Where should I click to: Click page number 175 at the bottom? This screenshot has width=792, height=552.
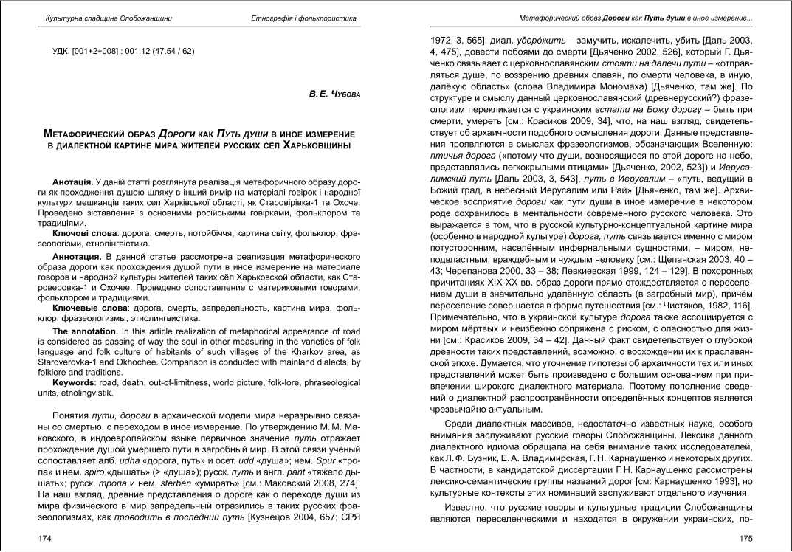coord(745,539)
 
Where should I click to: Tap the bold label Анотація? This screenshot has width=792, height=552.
coord(72,182)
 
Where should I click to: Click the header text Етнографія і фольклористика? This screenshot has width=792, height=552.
coord(304,18)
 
